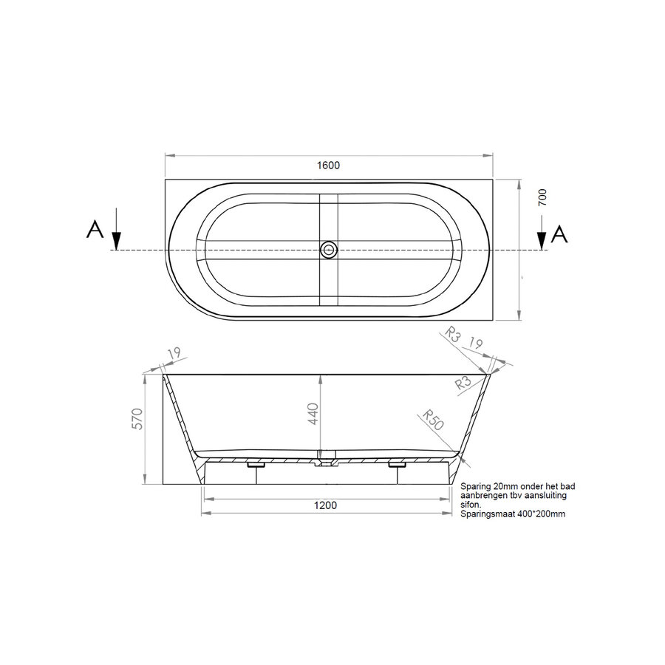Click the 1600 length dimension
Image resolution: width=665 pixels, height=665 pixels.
click(x=328, y=165)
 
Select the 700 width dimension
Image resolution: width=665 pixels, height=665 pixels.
click(x=542, y=197)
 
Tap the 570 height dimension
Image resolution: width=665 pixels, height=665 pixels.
click(x=138, y=419)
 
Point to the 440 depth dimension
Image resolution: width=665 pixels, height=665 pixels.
click(x=313, y=414)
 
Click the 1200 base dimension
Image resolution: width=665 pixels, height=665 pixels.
click(x=325, y=505)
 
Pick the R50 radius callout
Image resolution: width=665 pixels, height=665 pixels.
click(x=433, y=420)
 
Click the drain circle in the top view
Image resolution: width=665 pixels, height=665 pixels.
click(x=328, y=250)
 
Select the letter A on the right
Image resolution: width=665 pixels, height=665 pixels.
click(x=559, y=233)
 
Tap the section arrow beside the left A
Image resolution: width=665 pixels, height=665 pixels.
click(x=117, y=228)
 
